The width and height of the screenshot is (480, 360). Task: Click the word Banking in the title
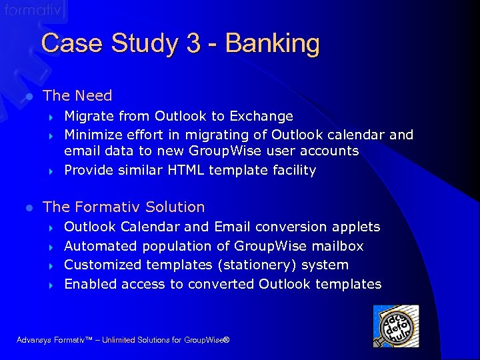click(x=272, y=44)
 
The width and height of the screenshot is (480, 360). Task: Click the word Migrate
click(x=87, y=117)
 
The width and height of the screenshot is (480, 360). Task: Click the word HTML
click(x=185, y=170)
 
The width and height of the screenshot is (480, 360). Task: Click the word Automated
click(x=97, y=246)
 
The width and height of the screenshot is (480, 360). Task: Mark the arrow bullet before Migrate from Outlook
click(x=51, y=117)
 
